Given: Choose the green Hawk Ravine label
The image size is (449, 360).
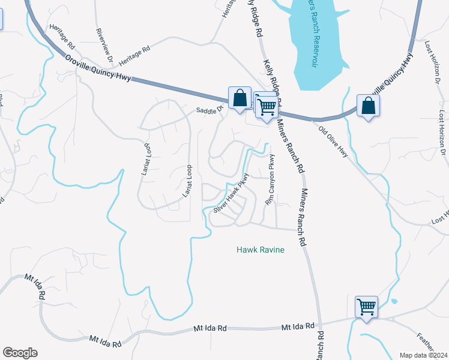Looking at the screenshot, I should click(260, 249).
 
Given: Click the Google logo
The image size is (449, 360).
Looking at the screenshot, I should click(20, 353).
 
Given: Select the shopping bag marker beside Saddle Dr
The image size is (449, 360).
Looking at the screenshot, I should click(240, 98).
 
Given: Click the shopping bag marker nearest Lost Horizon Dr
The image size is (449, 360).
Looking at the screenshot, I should click(368, 106).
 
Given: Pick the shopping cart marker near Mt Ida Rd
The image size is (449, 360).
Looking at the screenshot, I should click(366, 307).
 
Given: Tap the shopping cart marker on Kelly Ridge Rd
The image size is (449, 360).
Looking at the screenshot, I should click(266, 106).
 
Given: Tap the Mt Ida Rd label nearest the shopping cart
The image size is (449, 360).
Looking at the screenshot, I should click(298, 326).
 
